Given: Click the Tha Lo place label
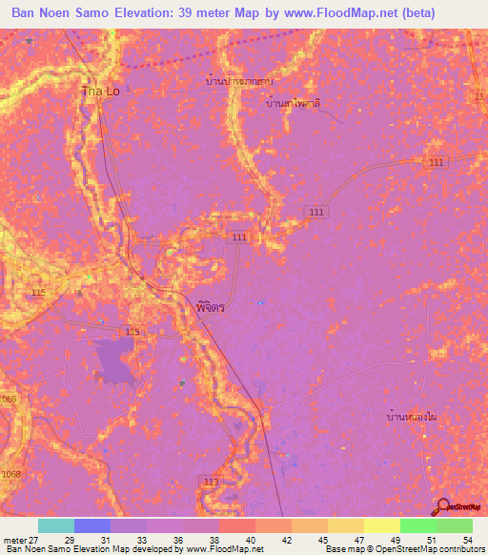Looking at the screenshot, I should [x=100, y=92].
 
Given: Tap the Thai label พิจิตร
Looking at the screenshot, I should [x=210, y=310].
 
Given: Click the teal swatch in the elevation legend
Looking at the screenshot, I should [x=55, y=525].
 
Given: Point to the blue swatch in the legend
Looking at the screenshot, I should [x=91, y=525].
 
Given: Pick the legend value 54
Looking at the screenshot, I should [x=467, y=539].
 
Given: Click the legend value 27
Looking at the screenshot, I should [x=35, y=539].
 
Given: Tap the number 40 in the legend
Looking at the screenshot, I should [x=252, y=539].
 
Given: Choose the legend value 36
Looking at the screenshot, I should [x=179, y=539].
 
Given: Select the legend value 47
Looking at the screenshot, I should [x=359, y=539].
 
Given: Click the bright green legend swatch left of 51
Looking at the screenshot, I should [x=417, y=525].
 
